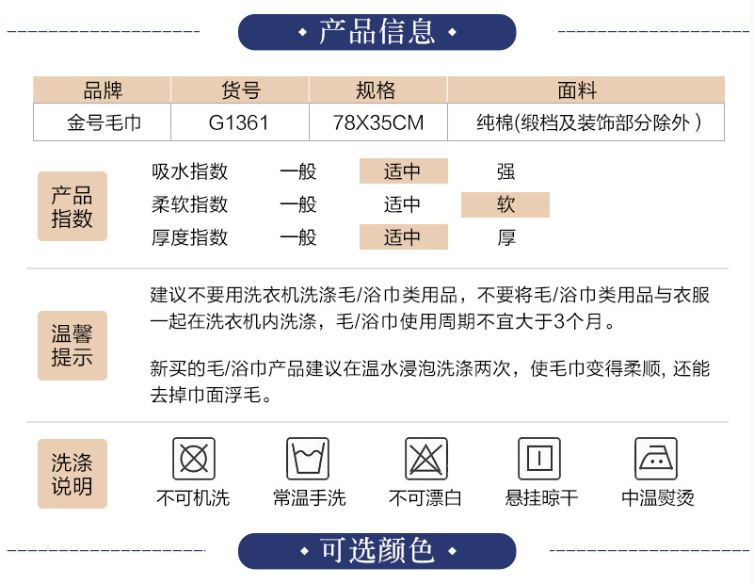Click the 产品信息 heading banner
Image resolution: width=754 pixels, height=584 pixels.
click(377, 32)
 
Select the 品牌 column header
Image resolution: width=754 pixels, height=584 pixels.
click(103, 91)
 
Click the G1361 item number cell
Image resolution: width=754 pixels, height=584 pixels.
click(239, 122)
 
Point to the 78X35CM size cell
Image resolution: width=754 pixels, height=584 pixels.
click(377, 122)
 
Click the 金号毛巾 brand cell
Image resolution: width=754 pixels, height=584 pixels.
click(103, 122)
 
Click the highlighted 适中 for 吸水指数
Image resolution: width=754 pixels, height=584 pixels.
click(403, 171)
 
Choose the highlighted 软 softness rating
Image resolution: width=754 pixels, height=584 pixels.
click(505, 204)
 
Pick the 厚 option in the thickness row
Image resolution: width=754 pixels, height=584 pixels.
click(506, 237)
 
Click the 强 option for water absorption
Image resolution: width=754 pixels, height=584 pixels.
click(506, 171)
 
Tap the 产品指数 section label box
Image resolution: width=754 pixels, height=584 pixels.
click(72, 206)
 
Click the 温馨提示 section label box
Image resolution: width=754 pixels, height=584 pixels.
click(72, 345)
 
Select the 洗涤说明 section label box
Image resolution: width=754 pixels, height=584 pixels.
click(72, 474)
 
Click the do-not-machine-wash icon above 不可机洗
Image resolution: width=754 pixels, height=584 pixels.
click(193, 460)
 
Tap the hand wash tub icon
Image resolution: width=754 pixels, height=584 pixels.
click(308, 460)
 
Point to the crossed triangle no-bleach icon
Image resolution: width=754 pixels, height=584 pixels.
click(426, 460)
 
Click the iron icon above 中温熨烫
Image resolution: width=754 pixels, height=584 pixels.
click(656, 460)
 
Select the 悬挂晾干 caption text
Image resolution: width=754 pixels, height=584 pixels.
click(541, 498)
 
